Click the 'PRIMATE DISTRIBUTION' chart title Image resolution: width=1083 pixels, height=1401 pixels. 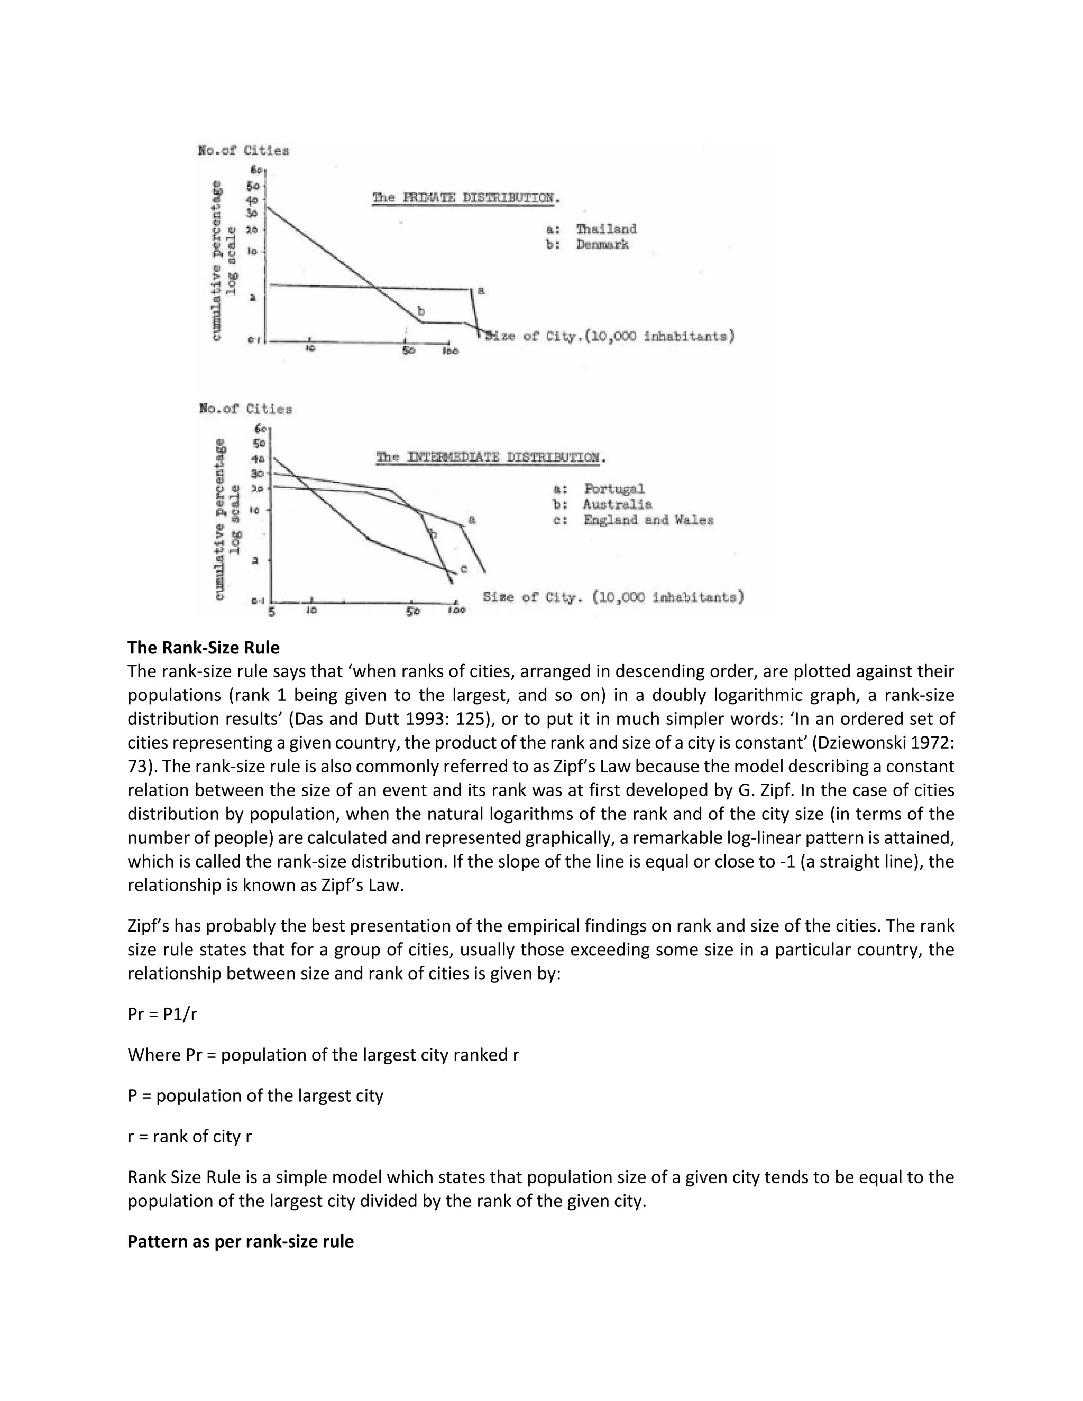[466, 198]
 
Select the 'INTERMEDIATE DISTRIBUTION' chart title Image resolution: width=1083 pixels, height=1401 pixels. [491, 457]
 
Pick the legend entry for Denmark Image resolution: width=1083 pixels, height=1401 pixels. [587, 244]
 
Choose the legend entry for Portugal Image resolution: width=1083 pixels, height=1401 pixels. [599, 489]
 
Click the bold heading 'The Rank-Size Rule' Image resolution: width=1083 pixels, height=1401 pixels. [204, 648]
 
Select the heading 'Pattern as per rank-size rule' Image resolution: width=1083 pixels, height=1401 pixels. [241, 1241]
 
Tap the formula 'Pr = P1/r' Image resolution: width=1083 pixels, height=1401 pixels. [162, 1013]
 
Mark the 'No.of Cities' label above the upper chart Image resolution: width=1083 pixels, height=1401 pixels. [243, 151]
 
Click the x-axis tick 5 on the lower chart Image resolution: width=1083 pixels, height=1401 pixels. [272, 612]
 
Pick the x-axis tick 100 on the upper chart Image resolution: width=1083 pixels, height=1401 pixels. [451, 352]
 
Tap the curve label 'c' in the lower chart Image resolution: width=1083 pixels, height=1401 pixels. [463, 569]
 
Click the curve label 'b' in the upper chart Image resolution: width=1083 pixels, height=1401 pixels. [421, 311]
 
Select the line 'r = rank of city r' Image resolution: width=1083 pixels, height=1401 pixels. [189, 1136]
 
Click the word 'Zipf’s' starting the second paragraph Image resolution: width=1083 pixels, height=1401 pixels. [148, 926]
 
